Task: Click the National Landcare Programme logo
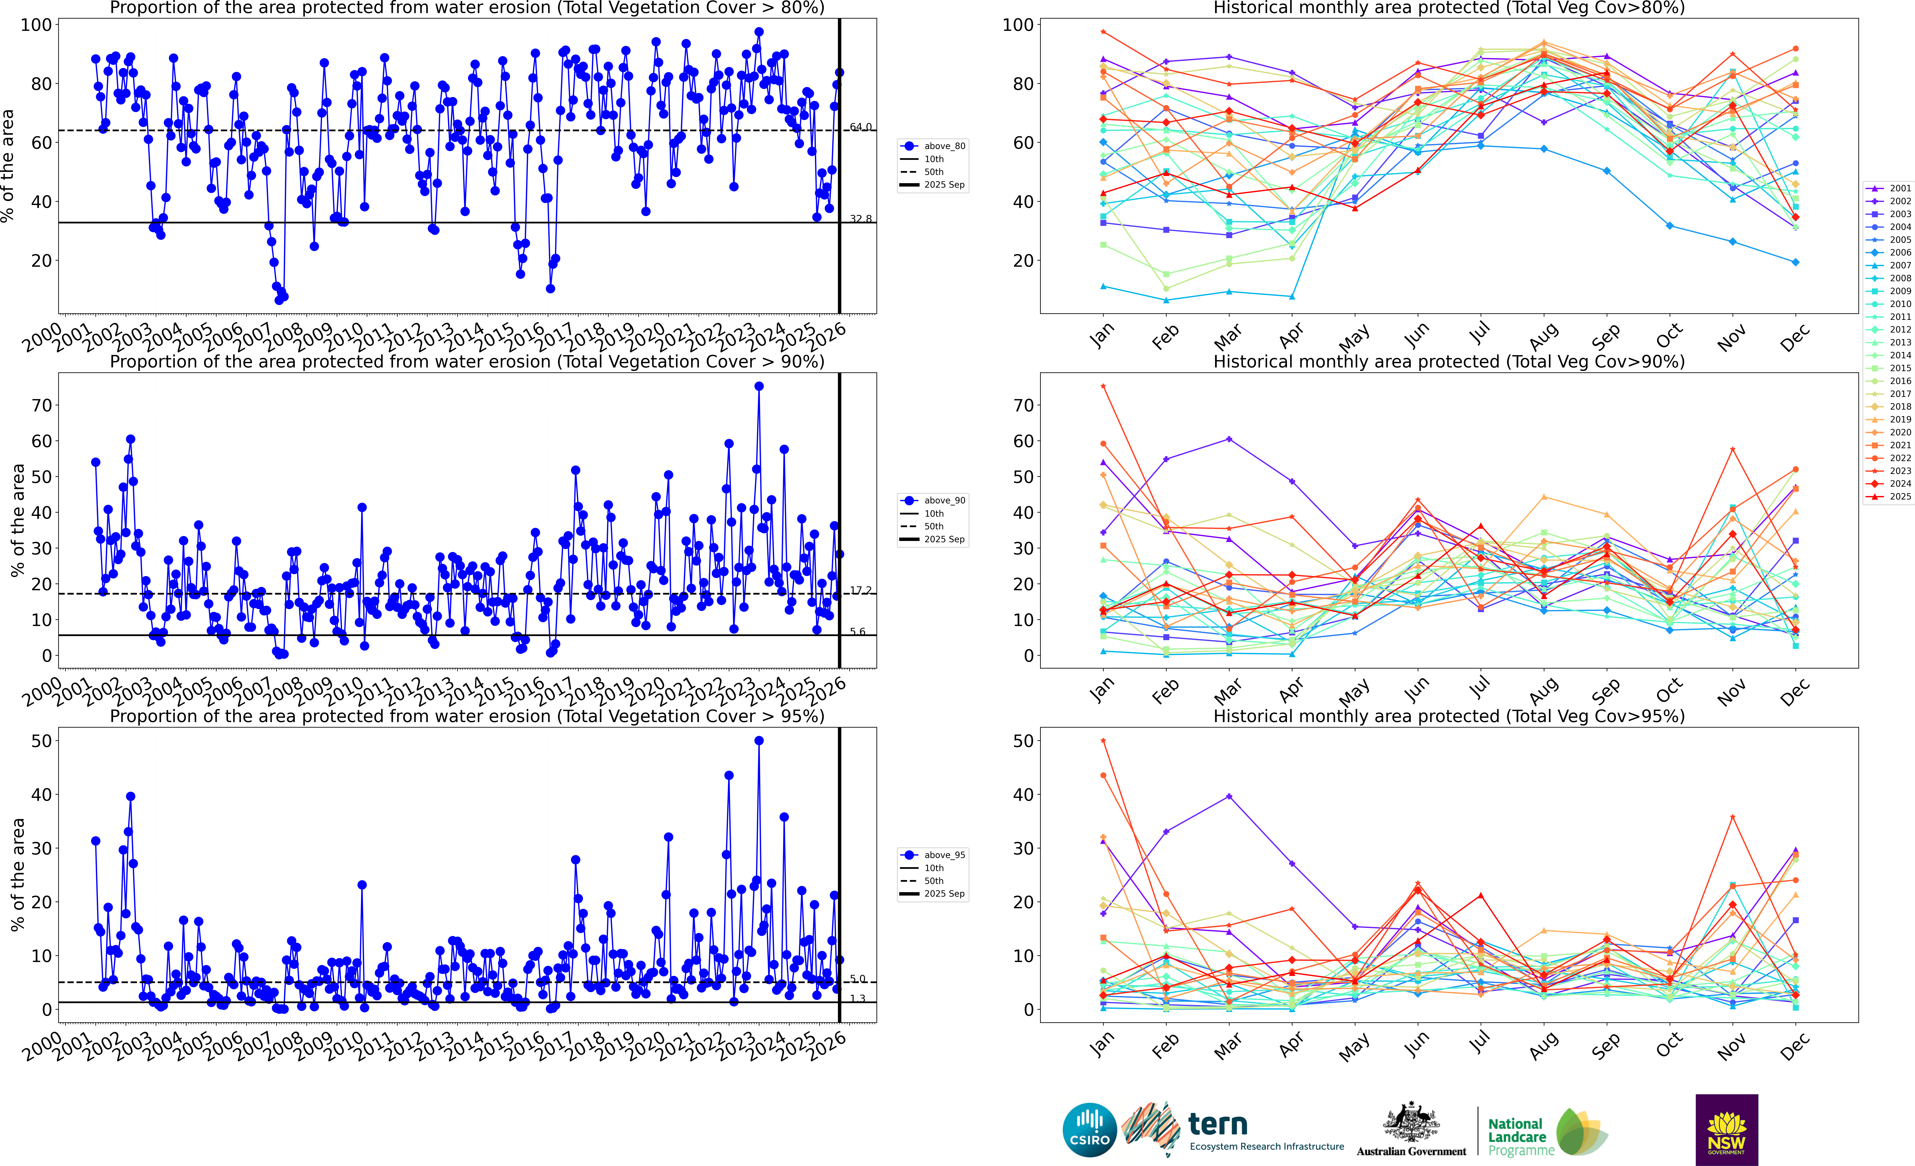(1547, 1133)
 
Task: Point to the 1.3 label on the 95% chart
(857, 999)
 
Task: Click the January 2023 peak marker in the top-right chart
(1103, 32)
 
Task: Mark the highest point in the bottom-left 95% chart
(759, 741)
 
